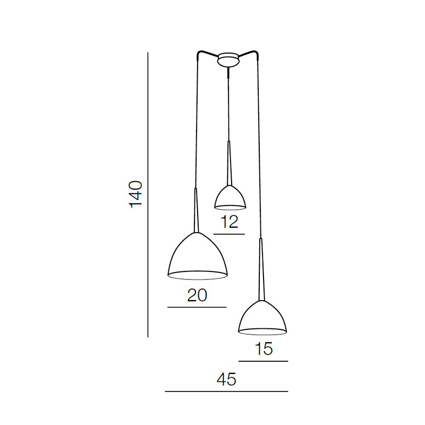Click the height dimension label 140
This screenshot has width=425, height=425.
pos(136,194)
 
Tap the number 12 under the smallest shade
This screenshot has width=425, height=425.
pos(229,222)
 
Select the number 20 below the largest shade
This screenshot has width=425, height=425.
pos(197,295)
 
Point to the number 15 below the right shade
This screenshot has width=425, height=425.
pos(263,349)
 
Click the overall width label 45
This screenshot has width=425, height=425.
pos(227,379)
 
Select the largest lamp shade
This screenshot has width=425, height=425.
pos(198,256)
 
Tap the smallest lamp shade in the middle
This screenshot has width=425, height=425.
pos(230,198)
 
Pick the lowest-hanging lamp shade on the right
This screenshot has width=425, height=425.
pos(262,318)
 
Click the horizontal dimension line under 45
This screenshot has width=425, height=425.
pos(226,392)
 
